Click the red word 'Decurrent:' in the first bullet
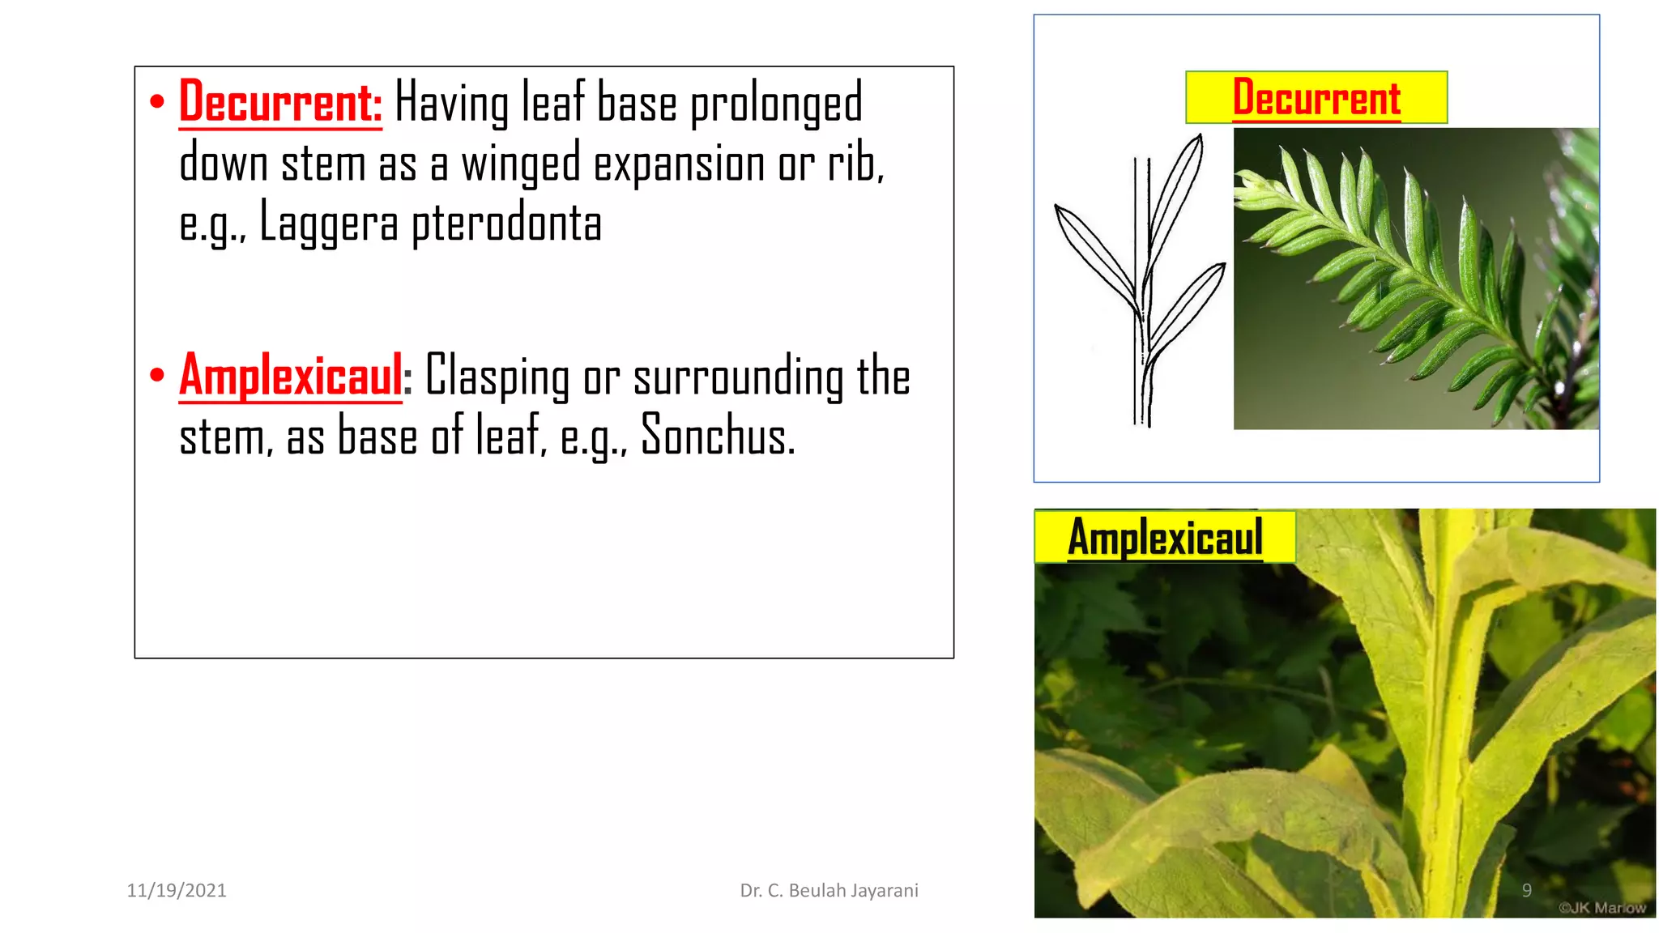pos(280,102)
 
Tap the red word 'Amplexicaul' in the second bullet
pos(291,376)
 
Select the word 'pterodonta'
pos(506,224)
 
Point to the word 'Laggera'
pos(328,224)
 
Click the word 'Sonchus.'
pos(718,436)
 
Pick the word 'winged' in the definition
pos(521,164)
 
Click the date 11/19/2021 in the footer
pos(177,890)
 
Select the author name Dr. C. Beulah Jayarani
pos(829,890)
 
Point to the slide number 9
pos(1526,890)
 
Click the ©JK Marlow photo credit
pos(1601,908)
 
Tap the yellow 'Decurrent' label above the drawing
pos(1316,98)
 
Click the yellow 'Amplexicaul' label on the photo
pos(1165,537)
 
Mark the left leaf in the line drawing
pos(1096,256)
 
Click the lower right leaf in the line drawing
pos(1187,312)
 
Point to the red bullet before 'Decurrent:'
pos(157,102)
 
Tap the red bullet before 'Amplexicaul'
pos(157,375)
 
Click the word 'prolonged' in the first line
pos(776,104)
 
